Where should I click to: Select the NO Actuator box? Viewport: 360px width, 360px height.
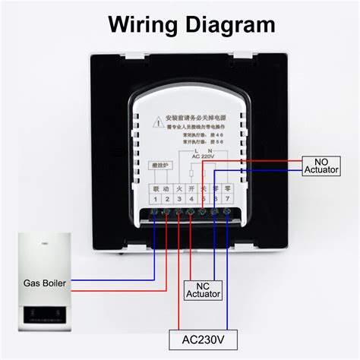(x=324, y=166)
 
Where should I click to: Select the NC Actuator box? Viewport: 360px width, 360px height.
(x=204, y=289)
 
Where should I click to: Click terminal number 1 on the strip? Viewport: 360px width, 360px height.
(x=154, y=199)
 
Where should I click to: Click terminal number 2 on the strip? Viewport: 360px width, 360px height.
(x=166, y=199)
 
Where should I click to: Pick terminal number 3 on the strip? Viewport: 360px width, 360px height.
(x=178, y=199)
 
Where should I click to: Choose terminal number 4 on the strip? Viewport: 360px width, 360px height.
(x=191, y=199)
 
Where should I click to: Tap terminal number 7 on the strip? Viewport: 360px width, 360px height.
(x=227, y=199)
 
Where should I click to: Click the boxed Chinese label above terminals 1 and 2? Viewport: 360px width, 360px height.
(x=160, y=164)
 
